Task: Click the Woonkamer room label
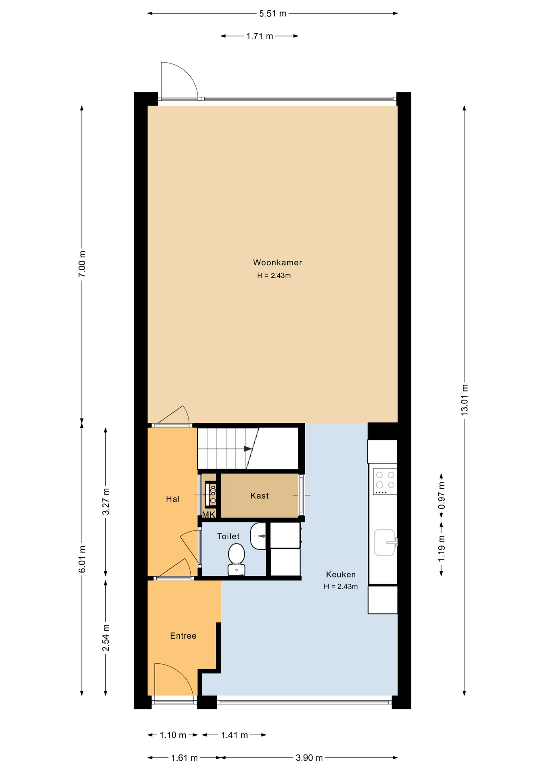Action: [x=277, y=263]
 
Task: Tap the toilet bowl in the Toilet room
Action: [x=236, y=559]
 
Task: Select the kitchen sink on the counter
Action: [x=385, y=543]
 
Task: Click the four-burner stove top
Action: [x=385, y=481]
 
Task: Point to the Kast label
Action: [x=259, y=496]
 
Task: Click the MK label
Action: [x=209, y=514]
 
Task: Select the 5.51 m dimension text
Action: [x=273, y=14]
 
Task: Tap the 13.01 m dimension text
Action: [x=464, y=400]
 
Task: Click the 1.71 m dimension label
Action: [x=260, y=36]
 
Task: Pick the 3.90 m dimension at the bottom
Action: [x=309, y=758]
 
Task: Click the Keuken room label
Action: [x=341, y=575]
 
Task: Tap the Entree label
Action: [x=183, y=636]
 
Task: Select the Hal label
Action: [x=173, y=499]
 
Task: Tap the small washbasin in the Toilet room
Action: [x=258, y=536]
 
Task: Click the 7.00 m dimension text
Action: [x=82, y=264]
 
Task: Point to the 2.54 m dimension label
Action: [x=106, y=638]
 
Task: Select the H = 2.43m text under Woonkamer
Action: [x=274, y=276]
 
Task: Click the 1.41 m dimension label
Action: [x=234, y=735]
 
